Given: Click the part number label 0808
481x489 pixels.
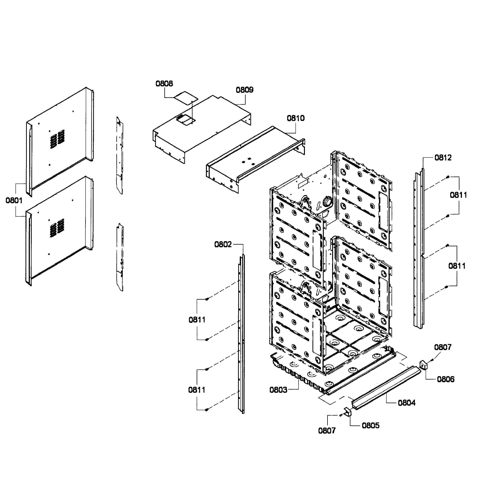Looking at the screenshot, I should pyautogui.click(x=164, y=84).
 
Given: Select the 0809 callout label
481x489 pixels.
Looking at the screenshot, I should pyautogui.click(x=244, y=90).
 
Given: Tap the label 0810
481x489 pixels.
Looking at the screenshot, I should pyautogui.click(x=296, y=118).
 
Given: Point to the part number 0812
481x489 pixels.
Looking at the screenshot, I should pyautogui.click(x=443, y=158).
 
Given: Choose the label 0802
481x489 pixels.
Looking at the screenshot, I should pyautogui.click(x=223, y=244).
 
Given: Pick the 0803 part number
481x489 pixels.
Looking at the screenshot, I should pyautogui.click(x=278, y=390).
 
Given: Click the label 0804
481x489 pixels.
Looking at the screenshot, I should pyautogui.click(x=407, y=403).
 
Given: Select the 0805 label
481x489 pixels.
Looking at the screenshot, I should pyautogui.click(x=371, y=425).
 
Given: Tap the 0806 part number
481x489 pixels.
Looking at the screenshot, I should pyautogui.click(x=446, y=379).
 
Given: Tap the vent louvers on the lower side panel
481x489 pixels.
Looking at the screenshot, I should pyautogui.click(x=57, y=228).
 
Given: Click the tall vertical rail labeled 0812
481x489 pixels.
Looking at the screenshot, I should pyautogui.click(x=419, y=248).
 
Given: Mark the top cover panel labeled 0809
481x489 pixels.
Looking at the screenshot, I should pyautogui.click(x=202, y=129).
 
